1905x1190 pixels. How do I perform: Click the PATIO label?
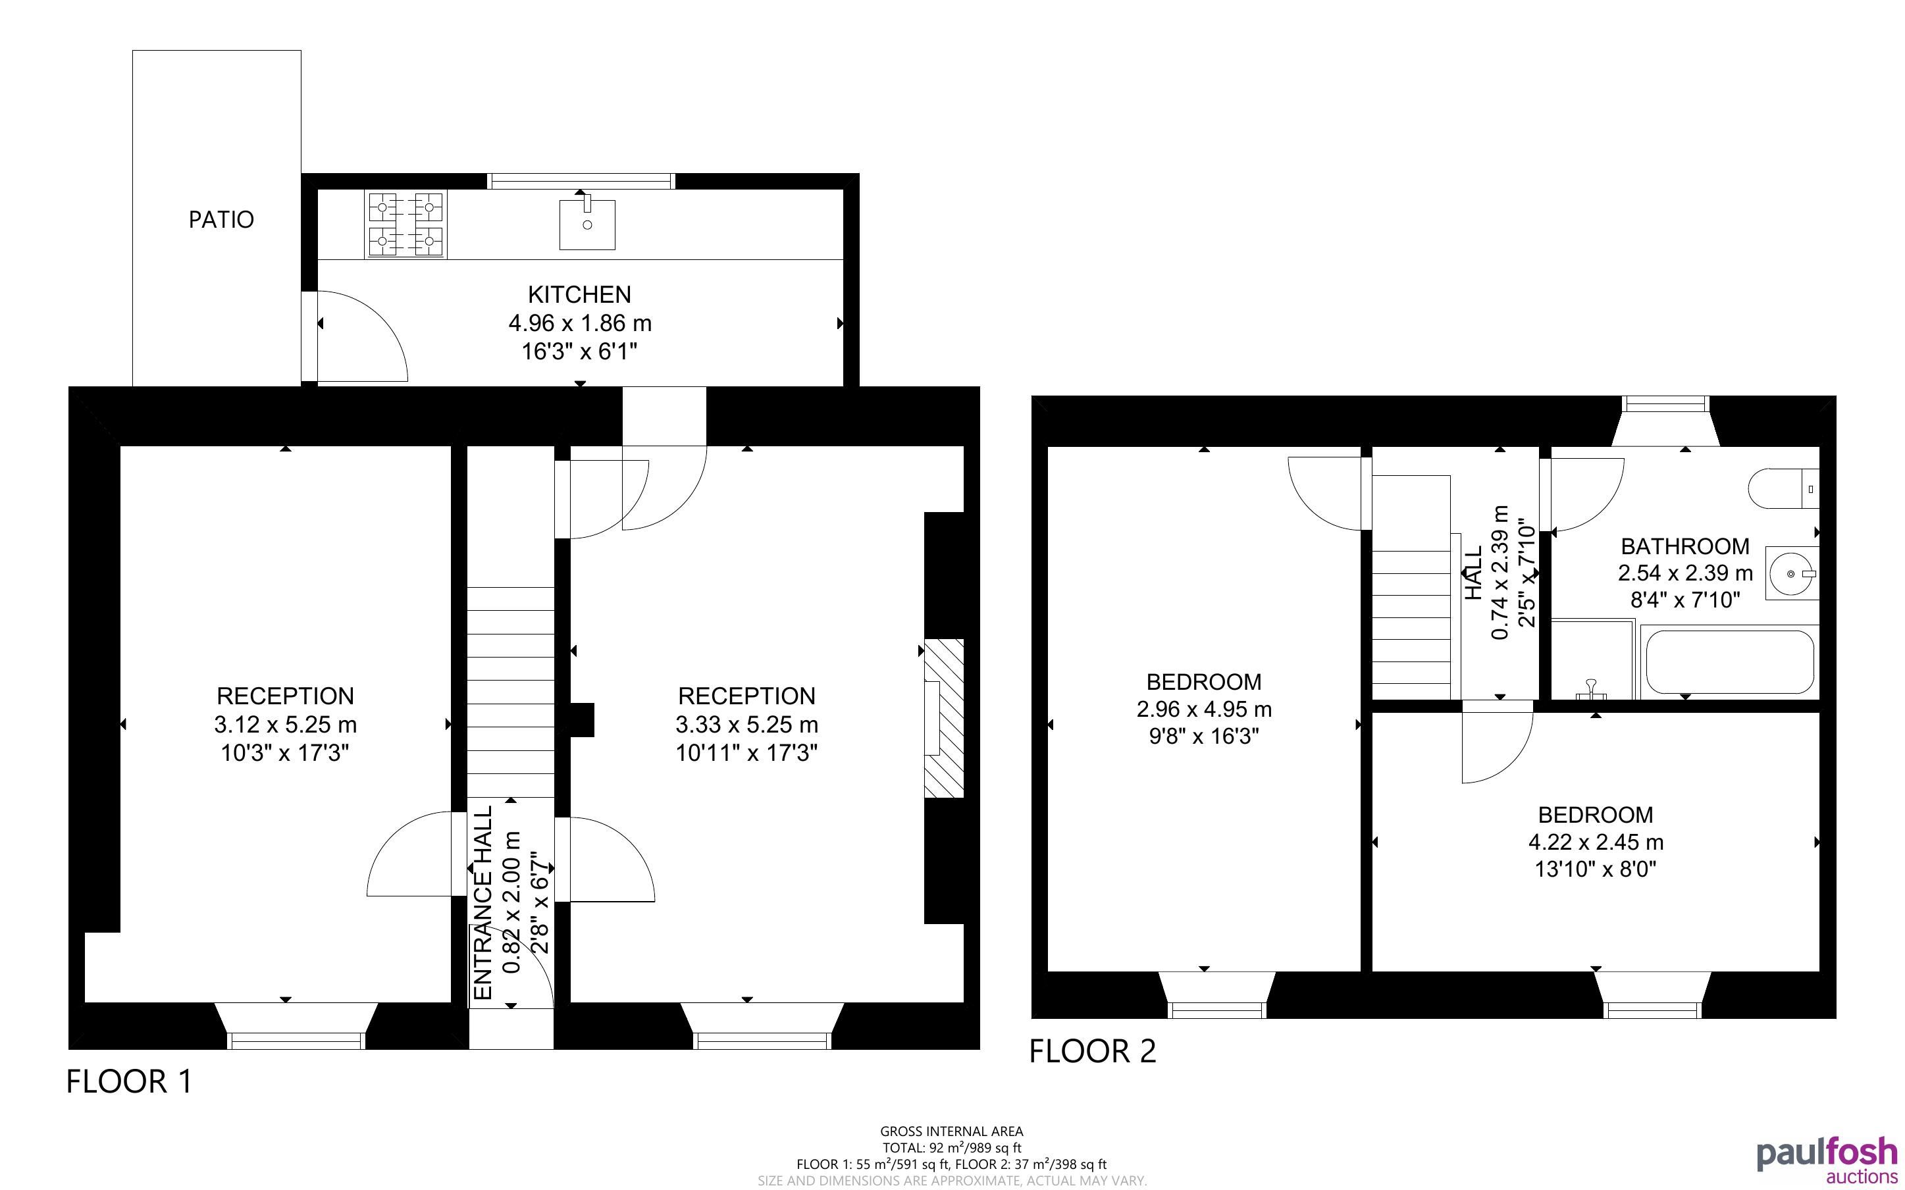pyautogui.click(x=221, y=220)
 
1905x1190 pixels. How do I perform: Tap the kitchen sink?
pyautogui.click(x=587, y=224)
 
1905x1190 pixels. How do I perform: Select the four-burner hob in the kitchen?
pyautogui.click(x=405, y=224)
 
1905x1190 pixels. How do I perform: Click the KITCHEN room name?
pyautogui.click(x=579, y=294)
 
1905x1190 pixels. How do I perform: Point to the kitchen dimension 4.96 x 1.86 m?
pyautogui.click(x=580, y=323)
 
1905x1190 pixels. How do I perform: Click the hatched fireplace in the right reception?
pyautogui.click(x=943, y=719)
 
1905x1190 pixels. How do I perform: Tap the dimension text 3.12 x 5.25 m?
pyautogui.click(x=285, y=724)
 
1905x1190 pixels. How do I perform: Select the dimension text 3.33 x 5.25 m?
pyautogui.click(x=746, y=724)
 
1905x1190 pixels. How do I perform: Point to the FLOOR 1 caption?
pyautogui.click(x=129, y=1081)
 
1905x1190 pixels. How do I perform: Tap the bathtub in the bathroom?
pyautogui.click(x=1729, y=662)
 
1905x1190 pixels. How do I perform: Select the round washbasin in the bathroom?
pyautogui.click(x=1792, y=574)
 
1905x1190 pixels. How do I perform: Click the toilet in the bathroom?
pyautogui.click(x=1784, y=489)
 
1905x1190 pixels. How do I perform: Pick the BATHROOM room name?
pyautogui.click(x=1685, y=546)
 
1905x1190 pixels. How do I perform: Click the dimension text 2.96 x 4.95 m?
pyautogui.click(x=1204, y=709)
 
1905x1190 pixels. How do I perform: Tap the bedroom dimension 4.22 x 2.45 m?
pyautogui.click(x=1596, y=842)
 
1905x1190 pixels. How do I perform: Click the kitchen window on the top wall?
pyautogui.click(x=581, y=181)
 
